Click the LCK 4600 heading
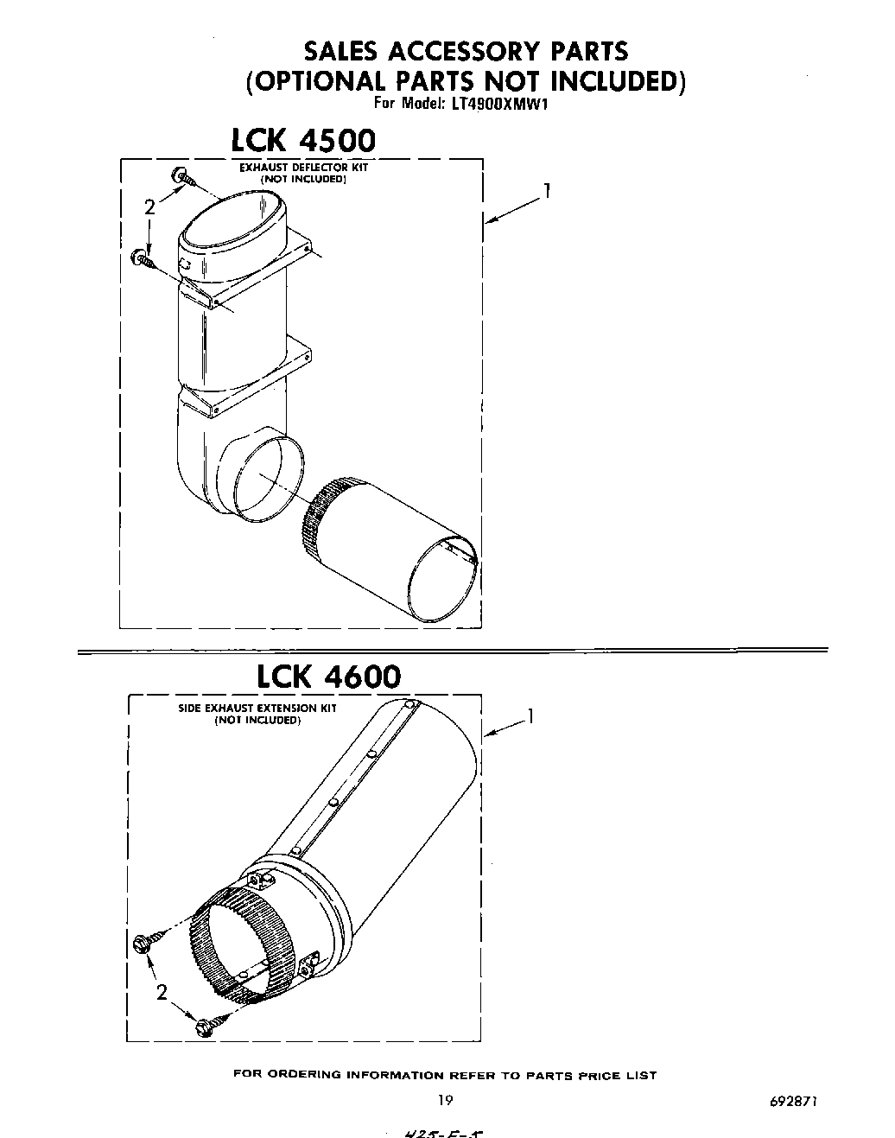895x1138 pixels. [329, 675]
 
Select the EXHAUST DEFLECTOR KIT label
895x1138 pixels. [304, 167]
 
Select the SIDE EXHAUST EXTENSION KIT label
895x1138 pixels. [257, 709]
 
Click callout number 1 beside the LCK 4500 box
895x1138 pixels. [546, 193]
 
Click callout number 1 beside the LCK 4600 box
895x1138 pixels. [530, 716]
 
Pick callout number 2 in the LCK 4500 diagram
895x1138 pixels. [149, 207]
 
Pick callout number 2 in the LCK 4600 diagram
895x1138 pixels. [162, 993]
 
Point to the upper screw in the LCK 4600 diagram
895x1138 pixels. [145, 943]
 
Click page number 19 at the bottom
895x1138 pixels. [445, 1100]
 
